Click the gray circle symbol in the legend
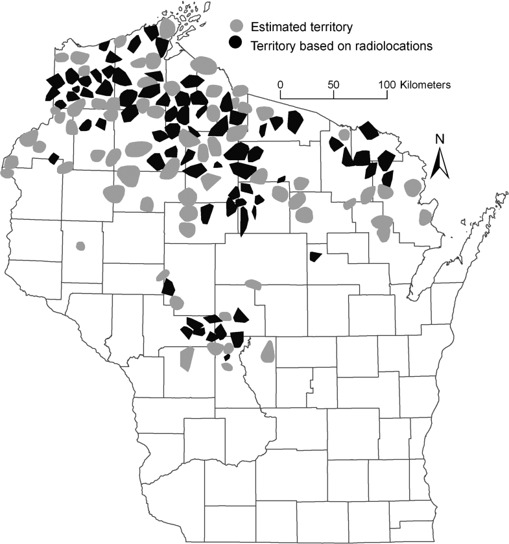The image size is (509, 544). point(238,27)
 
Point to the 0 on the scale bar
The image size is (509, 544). point(280,84)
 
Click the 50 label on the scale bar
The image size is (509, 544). point(334,84)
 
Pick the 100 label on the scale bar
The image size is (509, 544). point(386,84)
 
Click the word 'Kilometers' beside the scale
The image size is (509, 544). point(426,84)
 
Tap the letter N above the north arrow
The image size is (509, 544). point(439,139)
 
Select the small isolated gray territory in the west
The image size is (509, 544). point(80,246)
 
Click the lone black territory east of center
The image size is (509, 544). point(316,256)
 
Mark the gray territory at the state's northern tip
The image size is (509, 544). point(167,29)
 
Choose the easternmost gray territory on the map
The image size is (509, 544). point(425,217)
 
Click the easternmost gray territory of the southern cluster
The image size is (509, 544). point(266,351)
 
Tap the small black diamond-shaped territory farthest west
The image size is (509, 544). point(54,158)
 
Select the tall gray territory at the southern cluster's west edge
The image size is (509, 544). point(187,357)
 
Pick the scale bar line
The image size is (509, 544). point(334,97)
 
